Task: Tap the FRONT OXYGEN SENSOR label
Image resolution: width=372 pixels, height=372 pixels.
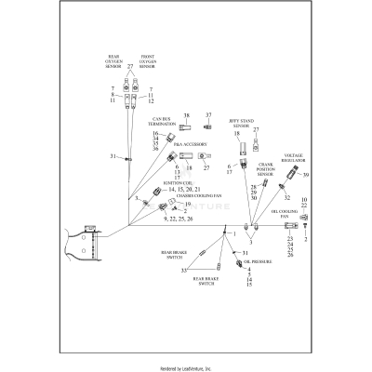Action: [x=153, y=62]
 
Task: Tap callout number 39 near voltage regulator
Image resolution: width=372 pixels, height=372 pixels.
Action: [x=304, y=174]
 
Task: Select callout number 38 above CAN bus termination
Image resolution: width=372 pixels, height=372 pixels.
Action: [x=185, y=115]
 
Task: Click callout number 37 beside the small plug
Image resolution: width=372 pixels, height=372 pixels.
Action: [x=208, y=115]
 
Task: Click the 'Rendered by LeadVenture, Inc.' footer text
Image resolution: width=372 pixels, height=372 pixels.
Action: [x=186, y=366]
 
